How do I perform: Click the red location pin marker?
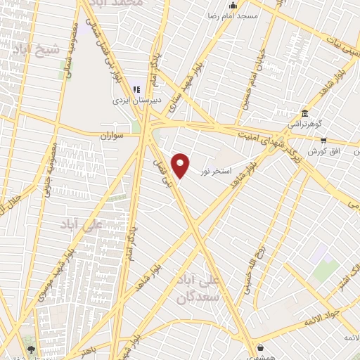181,165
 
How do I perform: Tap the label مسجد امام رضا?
233,15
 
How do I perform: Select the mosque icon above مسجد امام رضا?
233,6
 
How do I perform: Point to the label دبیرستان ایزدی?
138,101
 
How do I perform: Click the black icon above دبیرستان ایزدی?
138,90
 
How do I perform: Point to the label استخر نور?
215,170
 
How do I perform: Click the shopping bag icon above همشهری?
261,347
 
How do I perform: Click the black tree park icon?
31,348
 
